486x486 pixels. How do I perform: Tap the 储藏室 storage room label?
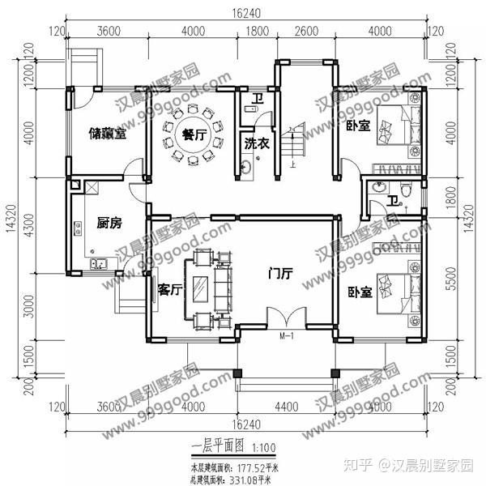coord(108,135)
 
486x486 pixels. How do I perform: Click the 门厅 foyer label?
coord(280,274)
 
